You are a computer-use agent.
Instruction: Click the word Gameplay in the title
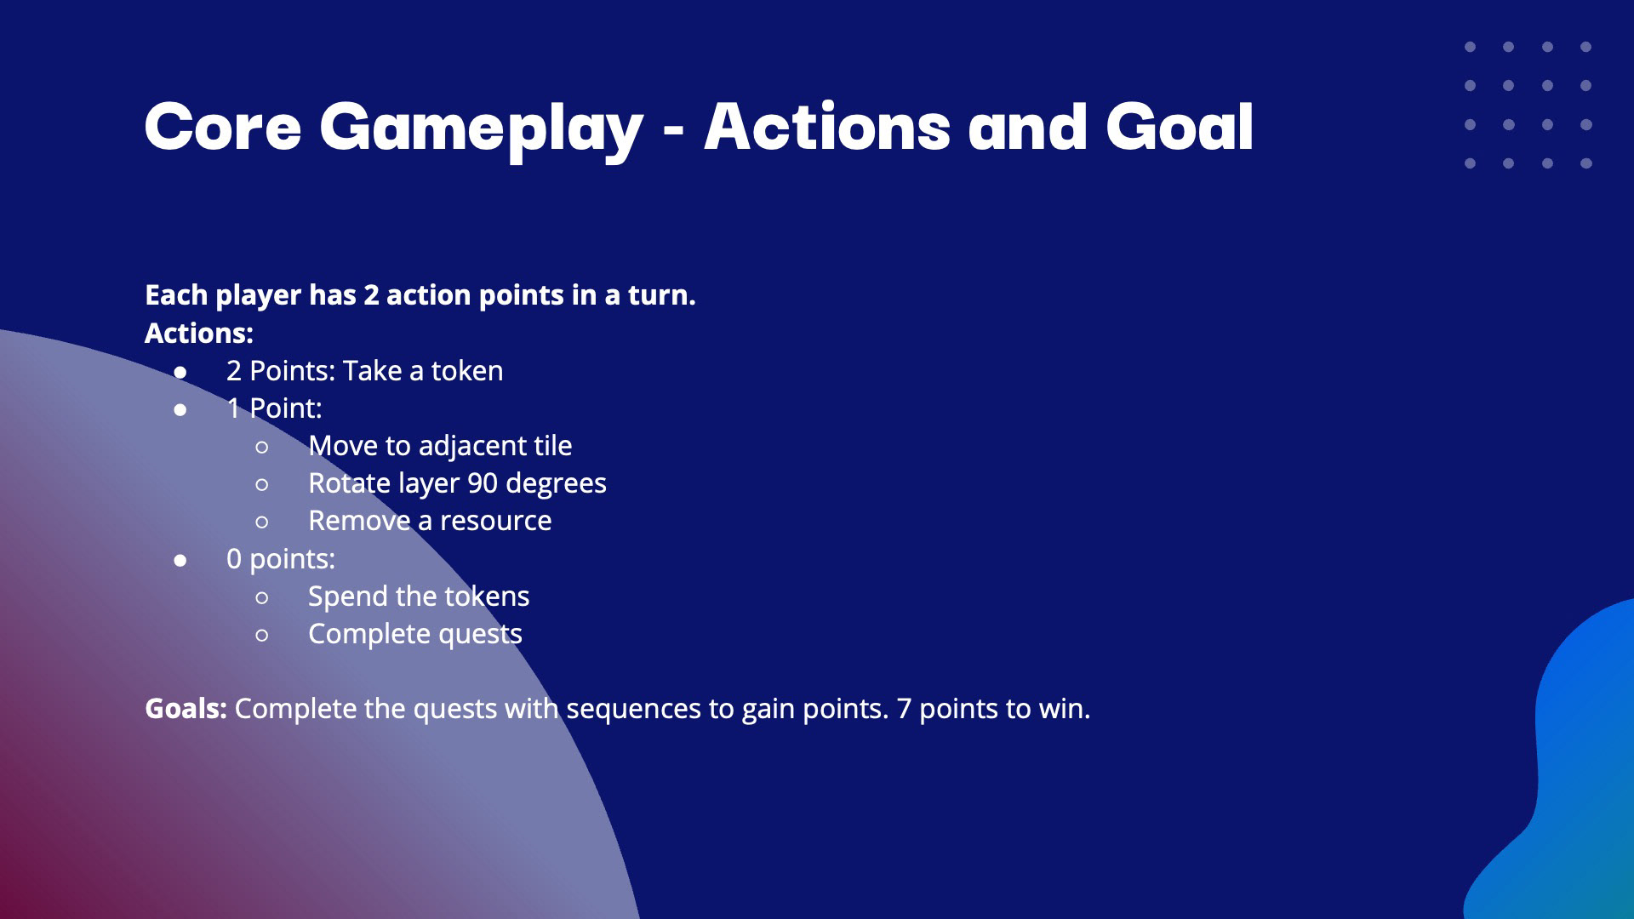(481, 129)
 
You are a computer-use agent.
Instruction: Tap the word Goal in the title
(1180, 127)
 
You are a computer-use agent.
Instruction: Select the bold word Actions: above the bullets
(199, 333)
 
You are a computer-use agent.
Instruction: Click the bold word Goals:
(186, 709)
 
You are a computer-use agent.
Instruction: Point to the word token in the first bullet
(467, 371)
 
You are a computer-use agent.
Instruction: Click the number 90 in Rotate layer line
(483, 483)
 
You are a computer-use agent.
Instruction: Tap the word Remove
(359, 521)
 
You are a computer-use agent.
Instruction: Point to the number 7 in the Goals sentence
(904, 709)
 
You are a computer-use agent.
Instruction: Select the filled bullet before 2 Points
(180, 373)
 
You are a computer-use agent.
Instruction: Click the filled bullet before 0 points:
(180, 560)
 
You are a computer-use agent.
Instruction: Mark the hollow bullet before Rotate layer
(262, 485)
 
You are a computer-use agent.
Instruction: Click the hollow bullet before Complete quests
(262, 635)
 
